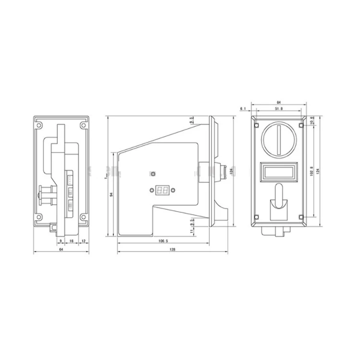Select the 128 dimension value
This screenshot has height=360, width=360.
click(171, 250)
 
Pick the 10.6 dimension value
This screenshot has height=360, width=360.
click(312, 120)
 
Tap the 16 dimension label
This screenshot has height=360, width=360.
click(71, 241)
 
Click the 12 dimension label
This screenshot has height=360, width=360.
click(84, 241)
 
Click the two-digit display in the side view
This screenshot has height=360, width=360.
click(162, 191)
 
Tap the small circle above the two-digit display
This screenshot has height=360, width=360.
click(153, 174)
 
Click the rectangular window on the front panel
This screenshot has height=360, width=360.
click(279, 172)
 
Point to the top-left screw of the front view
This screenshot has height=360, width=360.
click(257, 126)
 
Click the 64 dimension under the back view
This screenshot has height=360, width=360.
click(61, 250)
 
